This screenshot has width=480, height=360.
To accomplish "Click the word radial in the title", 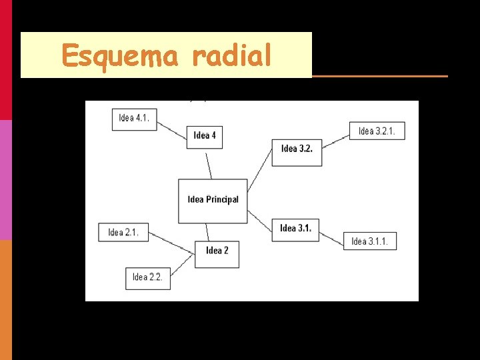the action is point(231,55).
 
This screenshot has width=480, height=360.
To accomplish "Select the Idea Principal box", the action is point(213,200).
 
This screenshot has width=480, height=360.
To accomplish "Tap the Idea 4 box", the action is point(205,135).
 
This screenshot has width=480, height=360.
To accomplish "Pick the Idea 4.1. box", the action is point(134,118).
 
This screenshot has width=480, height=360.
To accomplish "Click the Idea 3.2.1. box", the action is point(377,131).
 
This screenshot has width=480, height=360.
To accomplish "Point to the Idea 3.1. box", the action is point(295,229).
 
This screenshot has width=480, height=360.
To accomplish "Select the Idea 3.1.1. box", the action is point(369,241).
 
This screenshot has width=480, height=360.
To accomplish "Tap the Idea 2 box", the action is point(217,251).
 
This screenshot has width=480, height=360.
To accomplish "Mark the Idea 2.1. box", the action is point(123,233).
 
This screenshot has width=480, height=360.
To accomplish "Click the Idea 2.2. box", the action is point(147,277).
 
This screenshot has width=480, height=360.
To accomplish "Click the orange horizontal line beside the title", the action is point(380,76).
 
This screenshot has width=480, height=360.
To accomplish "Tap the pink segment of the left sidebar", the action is point(5,180).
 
